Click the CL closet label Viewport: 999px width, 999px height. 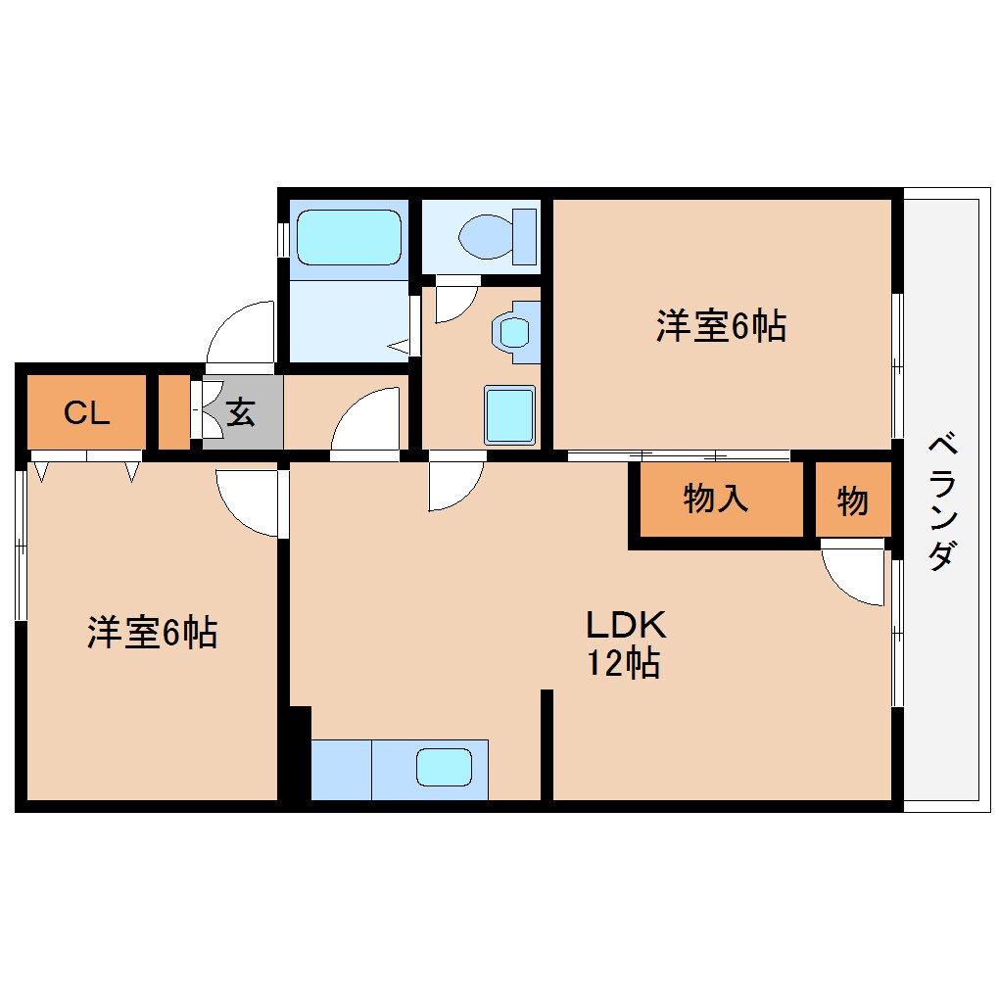[86, 413]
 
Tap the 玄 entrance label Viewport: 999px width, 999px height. [241, 412]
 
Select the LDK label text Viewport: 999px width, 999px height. [626, 625]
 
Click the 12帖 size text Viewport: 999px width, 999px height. [623, 663]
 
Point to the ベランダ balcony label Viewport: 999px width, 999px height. [942, 502]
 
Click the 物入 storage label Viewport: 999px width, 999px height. [716, 499]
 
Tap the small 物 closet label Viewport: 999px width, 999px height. [852, 500]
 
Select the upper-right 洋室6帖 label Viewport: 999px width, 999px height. [721, 326]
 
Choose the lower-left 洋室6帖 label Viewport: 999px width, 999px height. [152, 633]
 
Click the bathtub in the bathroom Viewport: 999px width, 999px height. [349, 238]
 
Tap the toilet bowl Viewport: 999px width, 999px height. [486, 236]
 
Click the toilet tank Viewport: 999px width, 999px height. [524, 236]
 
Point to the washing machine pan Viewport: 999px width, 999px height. [509, 414]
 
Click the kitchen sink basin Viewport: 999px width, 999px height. [444, 768]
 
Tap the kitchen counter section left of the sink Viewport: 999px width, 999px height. [342, 770]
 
